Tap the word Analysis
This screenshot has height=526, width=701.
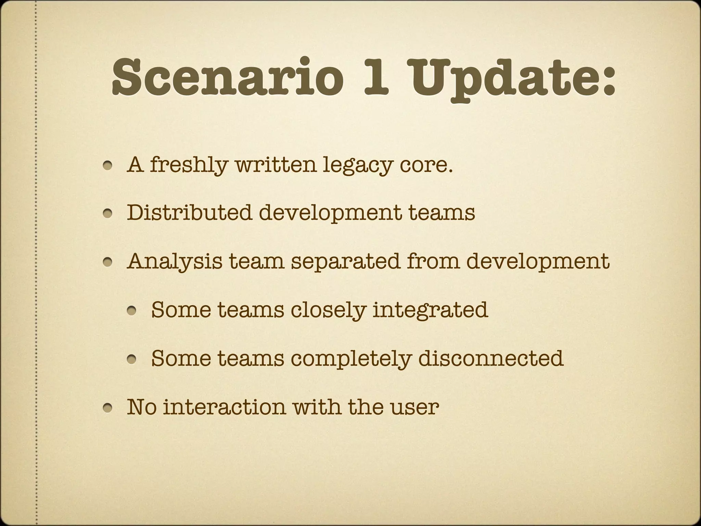(x=174, y=262)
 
